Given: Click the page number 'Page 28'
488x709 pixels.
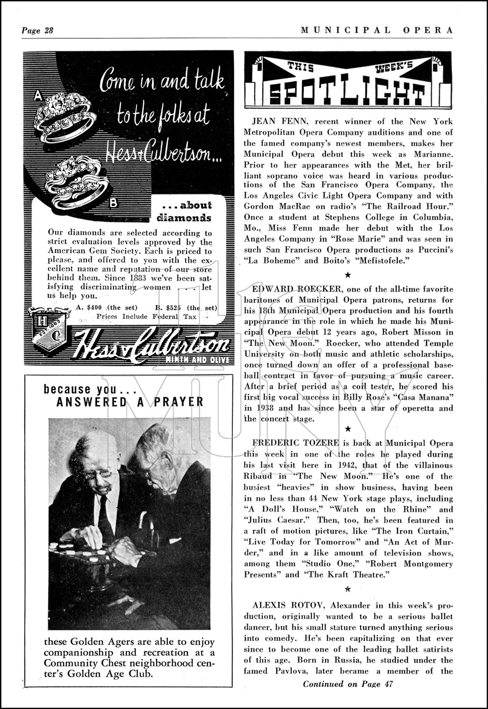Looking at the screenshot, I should point(37,30).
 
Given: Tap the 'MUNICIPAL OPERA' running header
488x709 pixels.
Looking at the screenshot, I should point(377,30).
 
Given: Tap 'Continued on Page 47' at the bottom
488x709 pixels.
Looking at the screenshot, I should point(348,684).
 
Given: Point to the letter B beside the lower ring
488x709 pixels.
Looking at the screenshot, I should point(113,203).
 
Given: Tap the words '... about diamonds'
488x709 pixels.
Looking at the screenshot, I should point(184,211).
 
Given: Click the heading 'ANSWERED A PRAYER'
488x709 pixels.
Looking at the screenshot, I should point(130,402).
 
